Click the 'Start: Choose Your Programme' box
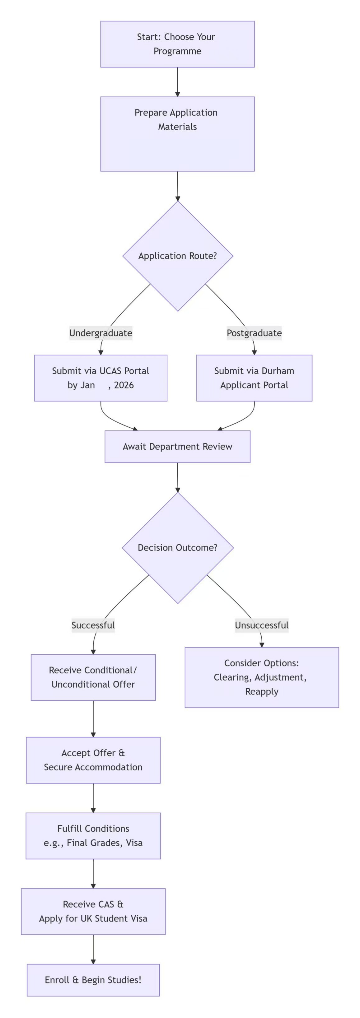click(x=177, y=44)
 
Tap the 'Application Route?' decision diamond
click(x=177, y=256)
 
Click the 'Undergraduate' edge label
click(x=101, y=333)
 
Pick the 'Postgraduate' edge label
click(x=254, y=333)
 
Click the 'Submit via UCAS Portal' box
click(x=101, y=378)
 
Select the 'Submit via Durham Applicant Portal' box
click(x=254, y=378)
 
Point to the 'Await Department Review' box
click(x=177, y=447)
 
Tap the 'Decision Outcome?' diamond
click(x=177, y=548)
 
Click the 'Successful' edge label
click(x=93, y=625)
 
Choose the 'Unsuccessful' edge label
click(x=262, y=625)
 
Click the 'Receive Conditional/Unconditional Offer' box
click(x=93, y=677)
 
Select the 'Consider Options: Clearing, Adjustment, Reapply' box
click(x=262, y=677)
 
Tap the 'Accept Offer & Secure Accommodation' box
click(x=93, y=760)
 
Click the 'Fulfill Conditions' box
click(x=93, y=836)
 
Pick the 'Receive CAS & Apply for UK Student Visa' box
click(x=93, y=911)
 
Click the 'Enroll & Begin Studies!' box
click(x=93, y=980)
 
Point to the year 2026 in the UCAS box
click(x=124, y=385)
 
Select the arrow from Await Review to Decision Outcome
click(x=177, y=477)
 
